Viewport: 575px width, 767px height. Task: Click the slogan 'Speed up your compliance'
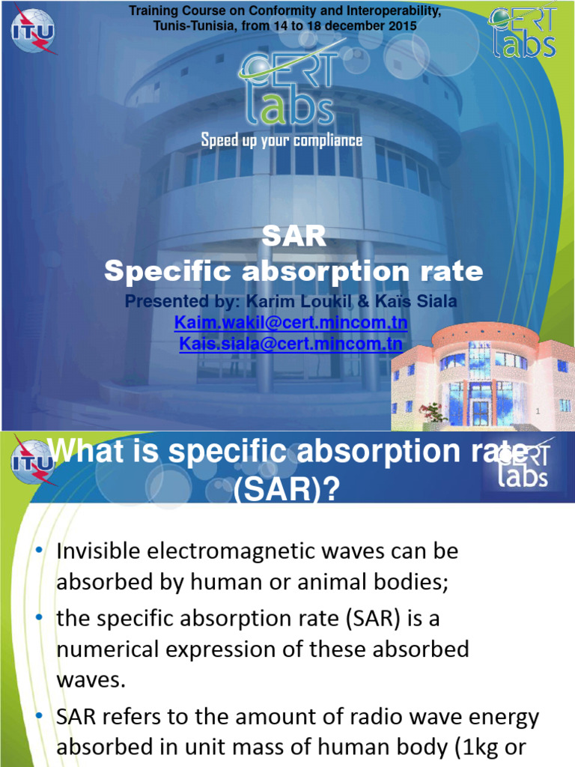pos(282,141)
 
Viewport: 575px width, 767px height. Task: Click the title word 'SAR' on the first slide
pos(293,237)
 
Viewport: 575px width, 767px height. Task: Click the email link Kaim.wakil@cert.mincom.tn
pos(290,322)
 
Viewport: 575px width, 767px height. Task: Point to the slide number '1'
pos(538,410)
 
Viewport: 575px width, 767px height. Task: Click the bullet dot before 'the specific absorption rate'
pos(40,617)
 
